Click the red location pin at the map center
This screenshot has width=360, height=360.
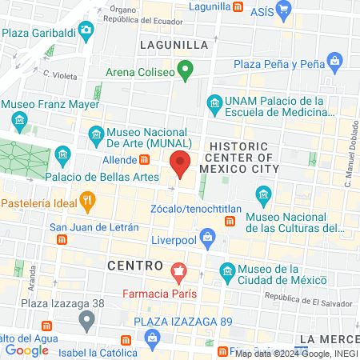tap(181, 164)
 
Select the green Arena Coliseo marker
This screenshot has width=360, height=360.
tap(186, 73)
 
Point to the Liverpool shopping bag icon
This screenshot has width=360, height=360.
tap(208, 236)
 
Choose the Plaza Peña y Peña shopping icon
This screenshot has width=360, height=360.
tap(334, 62)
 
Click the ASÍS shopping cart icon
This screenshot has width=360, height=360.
tap(284, 10)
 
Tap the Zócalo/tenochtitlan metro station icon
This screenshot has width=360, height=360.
tap(230, 221)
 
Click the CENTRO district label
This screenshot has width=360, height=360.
tap(136, 265)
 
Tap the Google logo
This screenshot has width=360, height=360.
tap(26, 350)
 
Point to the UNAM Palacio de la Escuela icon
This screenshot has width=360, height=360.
tap(214, 102)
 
